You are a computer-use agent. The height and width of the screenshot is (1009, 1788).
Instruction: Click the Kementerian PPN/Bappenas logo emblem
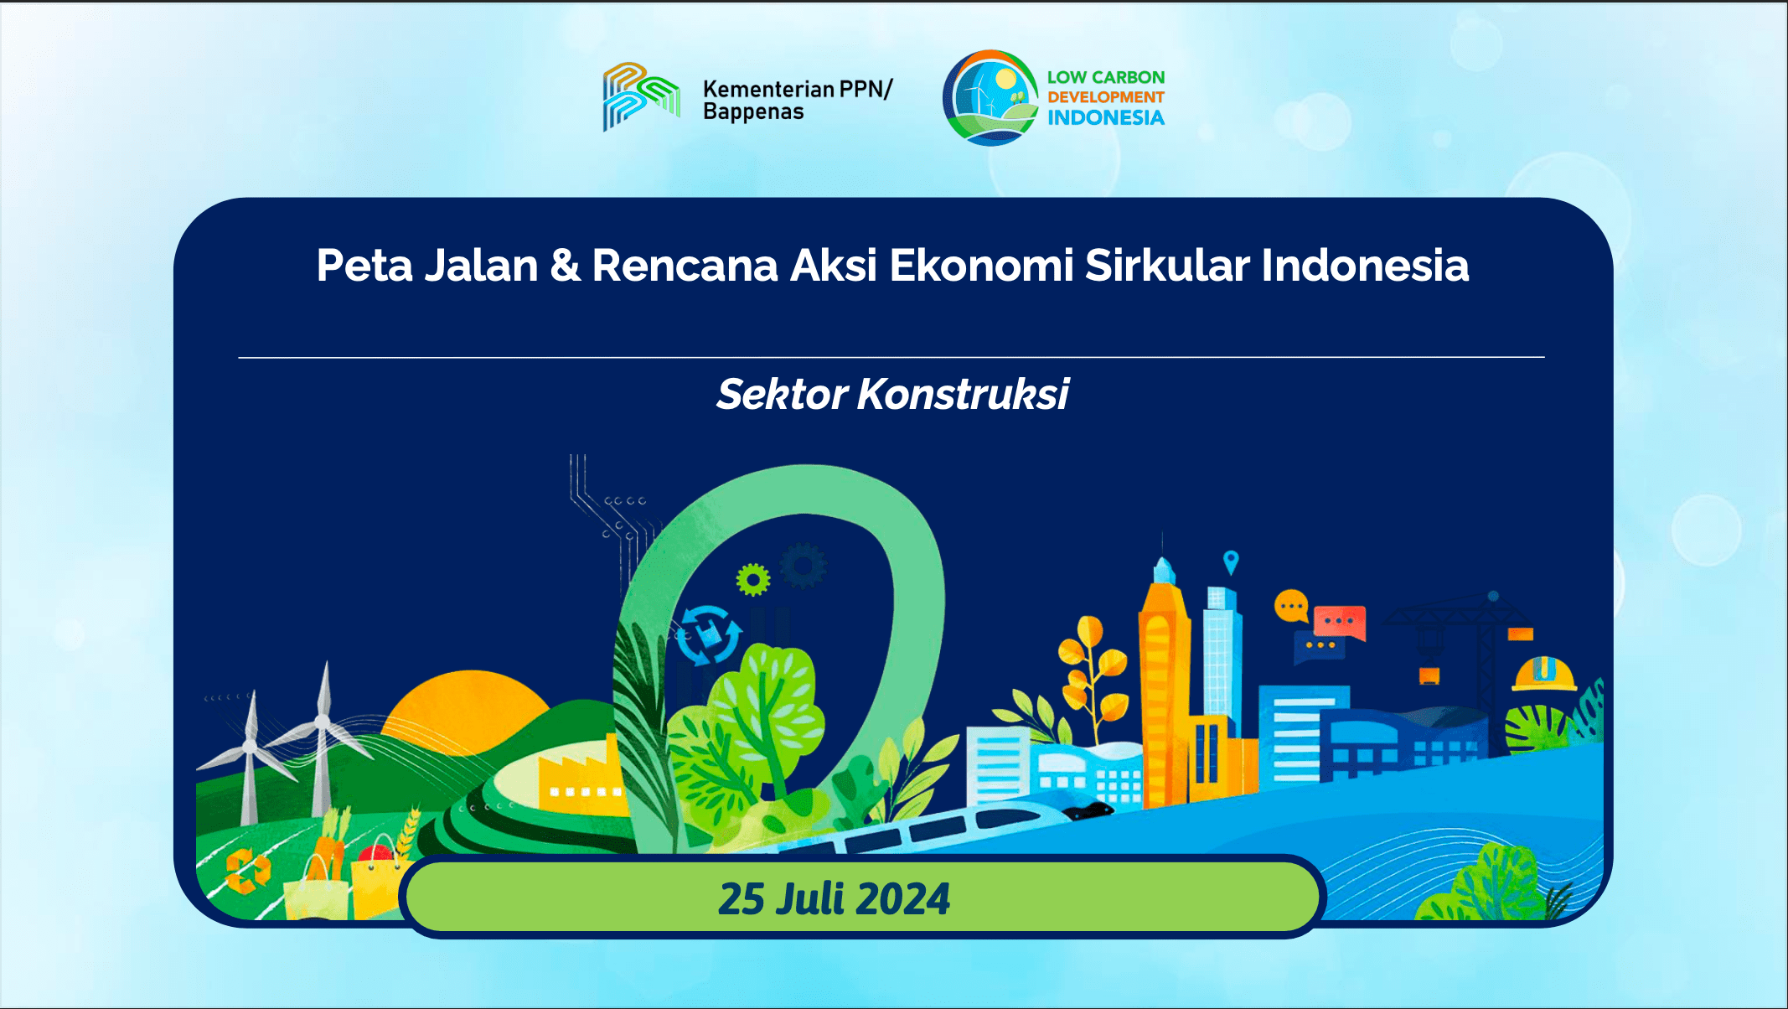[x=641, y=96]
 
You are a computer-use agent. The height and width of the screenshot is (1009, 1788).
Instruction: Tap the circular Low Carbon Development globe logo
[x=990, y=98]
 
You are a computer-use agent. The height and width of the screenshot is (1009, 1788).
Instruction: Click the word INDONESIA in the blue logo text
[x=1106, y=118]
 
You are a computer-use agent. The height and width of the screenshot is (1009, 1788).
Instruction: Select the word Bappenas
[x=753, y=112]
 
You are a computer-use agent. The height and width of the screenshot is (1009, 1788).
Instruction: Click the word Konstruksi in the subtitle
[x=963, y=394]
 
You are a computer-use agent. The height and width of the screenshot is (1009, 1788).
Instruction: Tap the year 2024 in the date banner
[x=903, y=899]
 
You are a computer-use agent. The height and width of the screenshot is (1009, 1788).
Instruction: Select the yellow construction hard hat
[x=1543, y=674]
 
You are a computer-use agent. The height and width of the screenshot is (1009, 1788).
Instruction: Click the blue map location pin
[x=1230, y=561]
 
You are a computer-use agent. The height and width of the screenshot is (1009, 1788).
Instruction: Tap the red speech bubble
[x=1339, y=622]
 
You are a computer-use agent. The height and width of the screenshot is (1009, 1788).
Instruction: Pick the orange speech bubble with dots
[x=1291, y=605]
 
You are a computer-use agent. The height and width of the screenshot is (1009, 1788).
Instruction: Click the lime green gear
[x=752, y=579]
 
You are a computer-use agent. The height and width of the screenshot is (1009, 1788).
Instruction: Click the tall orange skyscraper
[x=1164, y=687]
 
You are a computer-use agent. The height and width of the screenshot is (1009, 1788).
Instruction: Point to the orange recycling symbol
[x=247, y=870]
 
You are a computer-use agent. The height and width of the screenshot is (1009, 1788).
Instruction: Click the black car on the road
[x=1088, y=810]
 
